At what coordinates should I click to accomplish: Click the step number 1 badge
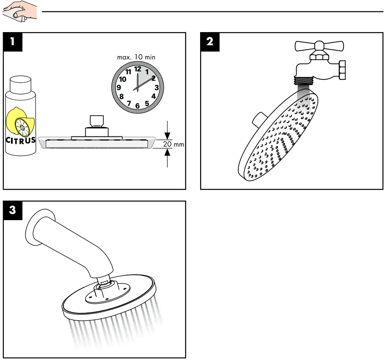tap(13, 41)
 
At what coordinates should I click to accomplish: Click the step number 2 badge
tap(209, 41)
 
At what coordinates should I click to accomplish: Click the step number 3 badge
tap(13, 210)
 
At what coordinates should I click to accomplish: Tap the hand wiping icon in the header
tap(19, 11)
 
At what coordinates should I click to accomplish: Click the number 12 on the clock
tap(137, 68)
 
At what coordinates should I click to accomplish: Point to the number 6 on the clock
tap(137, 106)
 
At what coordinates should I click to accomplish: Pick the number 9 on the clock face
tap(118, 87)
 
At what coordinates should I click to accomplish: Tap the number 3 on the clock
tap(157, 87)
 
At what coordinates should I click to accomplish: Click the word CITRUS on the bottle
tap(20, 140)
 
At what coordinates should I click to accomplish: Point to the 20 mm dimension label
tap(173, 144)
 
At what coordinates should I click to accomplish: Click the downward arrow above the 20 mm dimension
tap(168, 134)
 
